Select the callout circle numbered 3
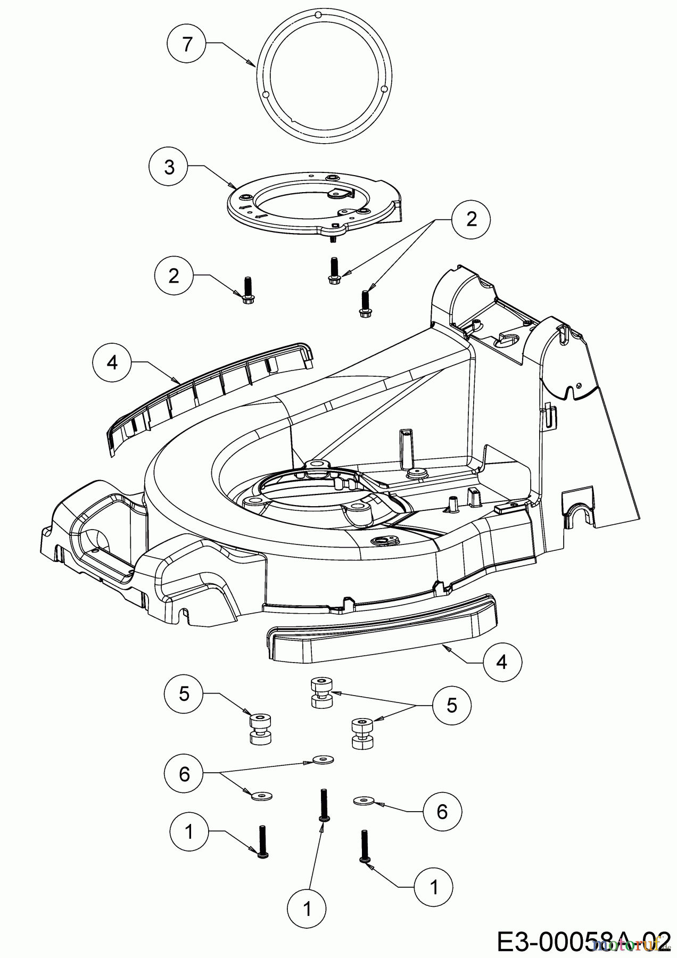[x=169, y=167]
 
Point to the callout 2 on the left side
[x=174, y=276]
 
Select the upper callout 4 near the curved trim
[x=112, y=362]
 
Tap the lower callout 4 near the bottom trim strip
[x=502, y=662]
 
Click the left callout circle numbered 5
[x=184, y=693]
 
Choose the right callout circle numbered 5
[x=452, y=706]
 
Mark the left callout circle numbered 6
[x=184, y=774]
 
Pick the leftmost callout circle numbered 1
[x=189, y=832]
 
